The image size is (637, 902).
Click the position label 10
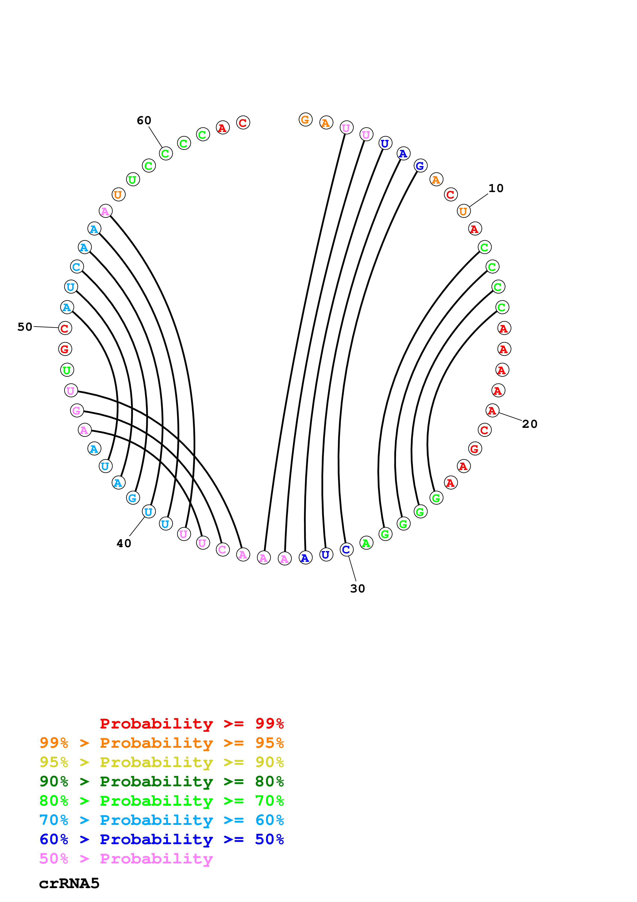(x=496, y=188)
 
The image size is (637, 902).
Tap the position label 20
(x=529, y=424)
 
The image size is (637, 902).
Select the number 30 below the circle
(x=357, y=589)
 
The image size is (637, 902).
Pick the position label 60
(x=144, y=121)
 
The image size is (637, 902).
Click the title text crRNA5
(x=69, y=884)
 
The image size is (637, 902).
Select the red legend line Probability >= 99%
(x=191, y=724)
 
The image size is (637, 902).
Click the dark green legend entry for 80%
(x=161, y=782)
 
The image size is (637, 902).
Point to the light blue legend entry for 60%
(x=161, y=820)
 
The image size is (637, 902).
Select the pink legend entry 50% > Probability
(x=126, y=859)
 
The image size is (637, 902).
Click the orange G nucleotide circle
(x=305, y=119)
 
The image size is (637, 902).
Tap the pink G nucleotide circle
(x=77, y=411)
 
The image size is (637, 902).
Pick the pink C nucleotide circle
(x=223, y=549)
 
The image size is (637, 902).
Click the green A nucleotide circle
(x=366, y=543)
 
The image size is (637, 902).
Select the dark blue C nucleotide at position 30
(x=346, y=549)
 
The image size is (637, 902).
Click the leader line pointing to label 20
(x=511, y=417)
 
